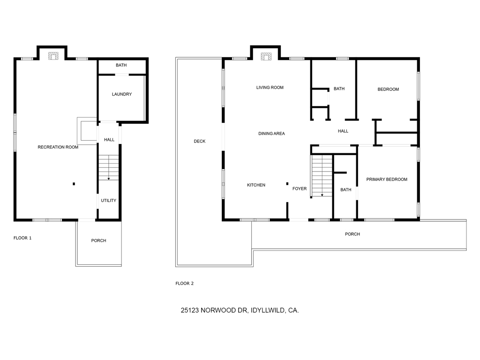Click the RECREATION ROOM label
pyautogui.click(x=58, y=147)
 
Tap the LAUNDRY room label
pyautogui.click(x=122, y=94)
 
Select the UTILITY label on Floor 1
pyautogui.click(x=108, y=201)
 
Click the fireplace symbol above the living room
pyautogui.click(x=266, y=57)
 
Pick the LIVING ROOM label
pyautogui.click(x=270, y=88)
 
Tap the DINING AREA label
pyautogui.click(x=271, y=134)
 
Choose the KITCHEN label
pyautogui.click(x=256, y=185)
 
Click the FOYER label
pyautogui.click(x=300, y=189)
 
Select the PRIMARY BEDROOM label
pyautogui.click(x=387, y=180)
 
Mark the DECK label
pyautogui.click(x=200, y=141)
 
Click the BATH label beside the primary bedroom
pyautogui.click(x=346, y=190)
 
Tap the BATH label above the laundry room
pyautogui.click(x=121, y=66)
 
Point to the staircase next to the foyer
pyautogui.click(x=322, y=176)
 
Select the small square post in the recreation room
pyautogui.click(x=74, y=184)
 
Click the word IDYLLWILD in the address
pyautogui.click(x=268, y=310)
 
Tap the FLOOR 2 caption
pyautogui.click(x=185, y=284)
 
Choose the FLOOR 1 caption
pyautogui.click(x=22, y=238)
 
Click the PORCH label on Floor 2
pyautogui.click(x=352, y=234)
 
